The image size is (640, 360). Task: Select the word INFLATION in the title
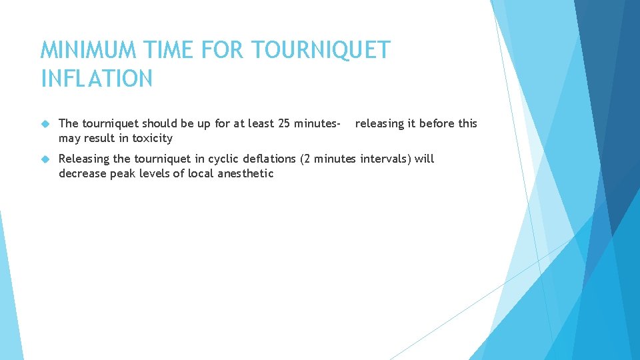[97, 79]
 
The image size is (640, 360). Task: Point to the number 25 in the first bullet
[291, 123]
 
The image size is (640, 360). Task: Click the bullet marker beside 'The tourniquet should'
[45, 124]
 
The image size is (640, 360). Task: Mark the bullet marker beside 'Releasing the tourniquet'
[45, 159]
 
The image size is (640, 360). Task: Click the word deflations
[271, 159]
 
